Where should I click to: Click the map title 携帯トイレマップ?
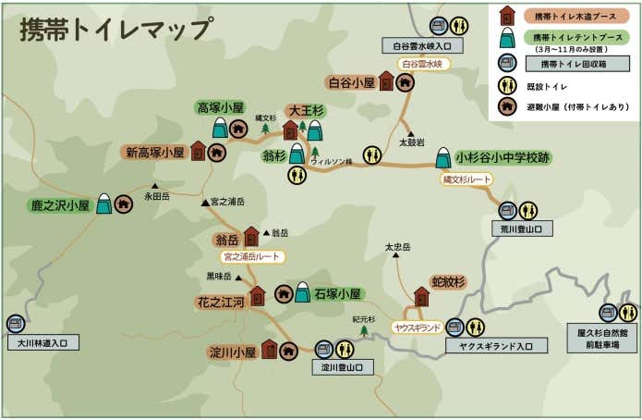115,29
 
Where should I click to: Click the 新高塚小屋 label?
154,152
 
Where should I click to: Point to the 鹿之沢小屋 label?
59,204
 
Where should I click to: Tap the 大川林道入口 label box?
42,342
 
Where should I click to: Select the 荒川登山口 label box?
522,229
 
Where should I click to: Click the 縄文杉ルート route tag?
466,179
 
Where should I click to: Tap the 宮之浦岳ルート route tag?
251,256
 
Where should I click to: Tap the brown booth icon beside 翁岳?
251,237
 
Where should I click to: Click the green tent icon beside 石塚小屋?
302,294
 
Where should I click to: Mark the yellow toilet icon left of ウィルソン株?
297,175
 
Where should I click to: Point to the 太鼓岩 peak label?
412,143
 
